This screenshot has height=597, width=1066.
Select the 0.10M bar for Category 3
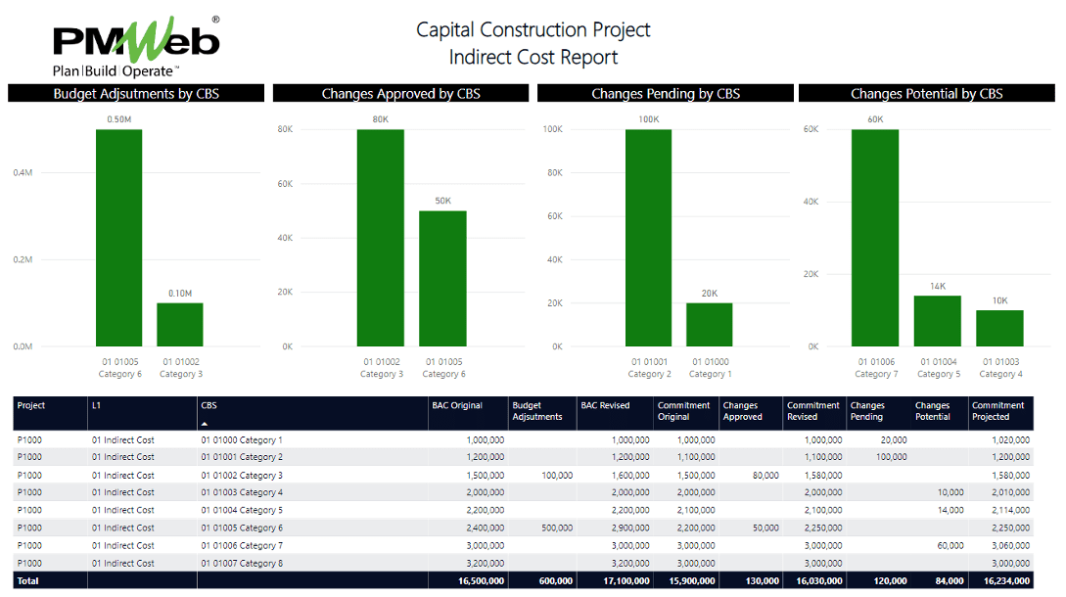[180, 324]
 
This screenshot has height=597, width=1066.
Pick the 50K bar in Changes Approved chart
[442, 279]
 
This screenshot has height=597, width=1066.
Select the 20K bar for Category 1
[709, 324]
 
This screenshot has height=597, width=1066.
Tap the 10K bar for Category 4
[999, 328]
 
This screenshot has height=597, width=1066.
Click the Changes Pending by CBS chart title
[666, 94]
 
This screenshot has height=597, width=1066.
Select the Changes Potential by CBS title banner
[926, 94]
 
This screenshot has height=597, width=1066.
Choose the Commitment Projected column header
[998, 411]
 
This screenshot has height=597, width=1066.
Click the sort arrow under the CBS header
[205, 424]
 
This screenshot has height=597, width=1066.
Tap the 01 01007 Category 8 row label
[242, 563]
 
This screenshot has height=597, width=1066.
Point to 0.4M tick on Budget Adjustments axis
[23, 172]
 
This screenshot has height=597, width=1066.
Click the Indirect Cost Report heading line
[533, 57]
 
